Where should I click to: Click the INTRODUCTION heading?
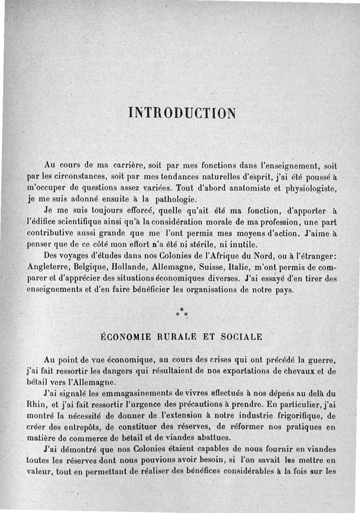(x=182, y=112)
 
